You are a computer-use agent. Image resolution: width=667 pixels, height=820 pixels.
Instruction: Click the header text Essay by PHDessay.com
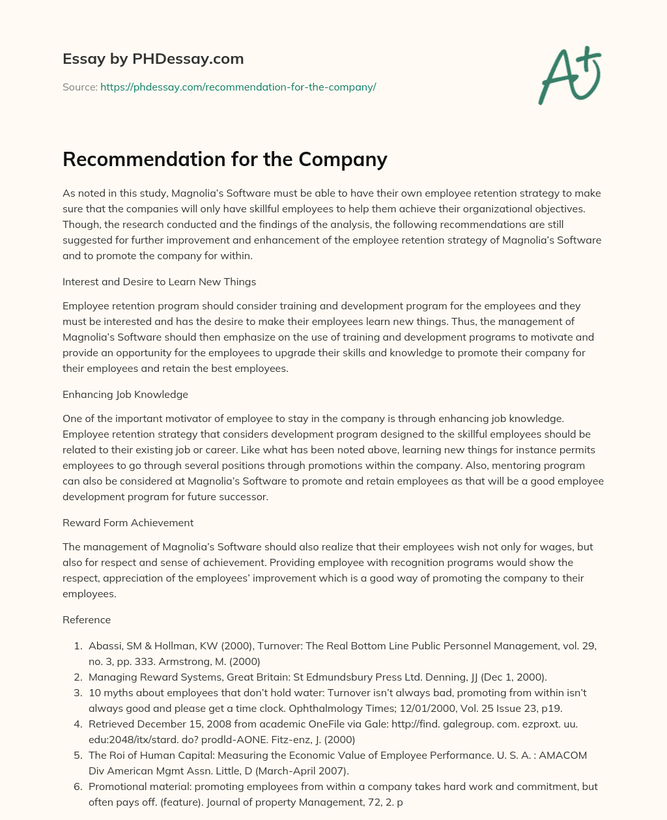(153, 59)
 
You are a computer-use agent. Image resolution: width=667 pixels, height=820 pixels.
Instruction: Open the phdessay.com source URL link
(238, 87)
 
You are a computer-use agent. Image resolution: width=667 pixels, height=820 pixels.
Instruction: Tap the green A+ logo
(569, 75)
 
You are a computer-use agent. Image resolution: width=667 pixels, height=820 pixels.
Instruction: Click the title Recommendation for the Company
(225, 159)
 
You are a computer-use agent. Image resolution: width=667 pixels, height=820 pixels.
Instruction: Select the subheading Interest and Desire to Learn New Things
(159, 282)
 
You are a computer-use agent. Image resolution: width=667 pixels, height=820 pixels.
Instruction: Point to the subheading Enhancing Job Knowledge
(125, 394)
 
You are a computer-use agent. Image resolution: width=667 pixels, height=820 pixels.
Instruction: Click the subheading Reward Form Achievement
(128, 522)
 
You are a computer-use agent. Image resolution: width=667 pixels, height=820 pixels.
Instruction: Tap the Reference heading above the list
(87, 619)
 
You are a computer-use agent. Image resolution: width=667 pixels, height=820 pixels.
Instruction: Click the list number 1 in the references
(77, 646)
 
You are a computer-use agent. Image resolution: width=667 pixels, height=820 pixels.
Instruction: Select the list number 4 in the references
(77, 724)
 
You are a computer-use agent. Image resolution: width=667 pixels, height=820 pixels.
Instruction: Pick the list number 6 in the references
(77, 787)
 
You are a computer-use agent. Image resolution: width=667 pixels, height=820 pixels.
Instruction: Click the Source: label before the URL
(79, 87)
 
